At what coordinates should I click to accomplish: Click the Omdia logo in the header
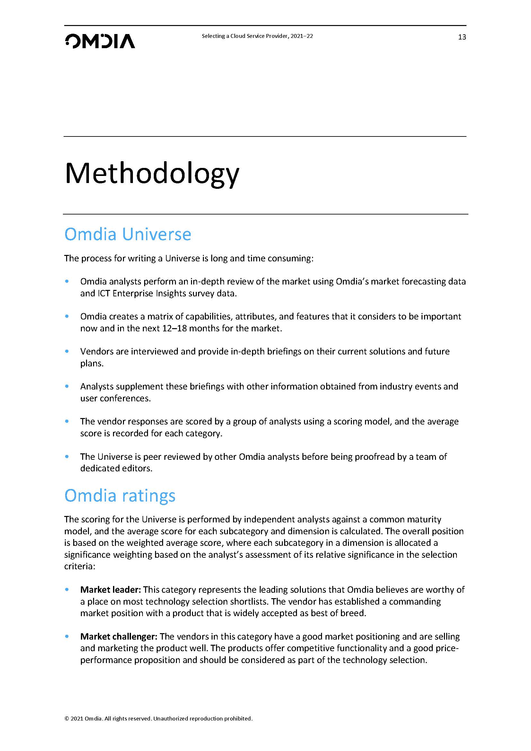(100, 41)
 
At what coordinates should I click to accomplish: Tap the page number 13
(462, 37)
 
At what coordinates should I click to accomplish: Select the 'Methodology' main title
(152, 174)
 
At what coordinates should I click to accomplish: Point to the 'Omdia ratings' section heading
(120, 495)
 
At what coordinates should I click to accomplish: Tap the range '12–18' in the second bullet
(174, 328)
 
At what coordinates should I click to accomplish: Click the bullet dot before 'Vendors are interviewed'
(67, 351)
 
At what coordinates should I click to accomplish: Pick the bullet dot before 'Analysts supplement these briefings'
(67, 386)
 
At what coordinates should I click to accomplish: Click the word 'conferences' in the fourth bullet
(131, 398)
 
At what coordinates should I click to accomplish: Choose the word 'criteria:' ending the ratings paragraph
(79, 566)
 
